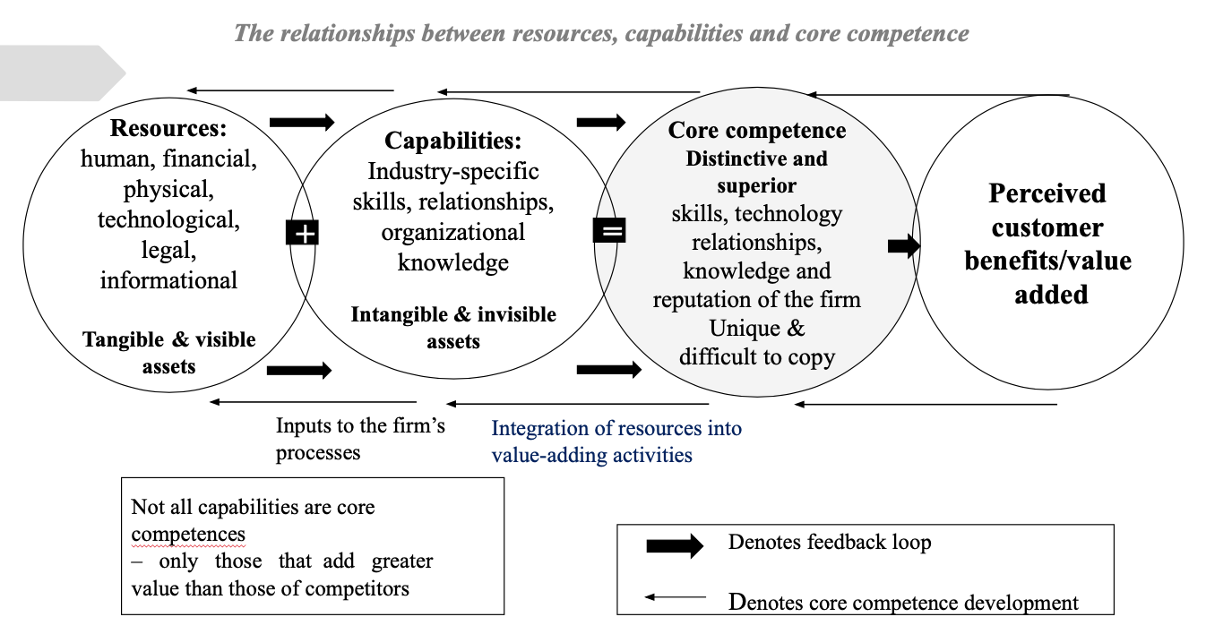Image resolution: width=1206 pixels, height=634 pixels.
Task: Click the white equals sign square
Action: tap(609, 231)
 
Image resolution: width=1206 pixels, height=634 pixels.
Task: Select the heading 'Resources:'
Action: tap(168, 129)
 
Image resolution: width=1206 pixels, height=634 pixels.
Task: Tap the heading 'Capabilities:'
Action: tap(453, 141)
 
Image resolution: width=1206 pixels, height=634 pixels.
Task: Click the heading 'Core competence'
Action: tap(757, 131)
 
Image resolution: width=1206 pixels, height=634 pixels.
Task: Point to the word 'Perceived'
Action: tap(1047, 193)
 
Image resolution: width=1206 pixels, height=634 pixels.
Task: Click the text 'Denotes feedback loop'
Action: tap(830, 542)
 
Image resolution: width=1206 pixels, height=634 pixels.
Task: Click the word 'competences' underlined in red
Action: tap(188, 535)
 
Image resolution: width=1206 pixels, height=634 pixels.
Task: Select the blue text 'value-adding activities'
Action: tap(591, 455)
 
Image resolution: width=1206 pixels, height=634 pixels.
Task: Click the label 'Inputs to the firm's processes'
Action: tap(360, 439)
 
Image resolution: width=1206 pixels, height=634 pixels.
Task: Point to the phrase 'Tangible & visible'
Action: tap(169, 339)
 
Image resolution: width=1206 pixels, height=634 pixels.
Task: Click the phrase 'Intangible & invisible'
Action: tap(453, 315)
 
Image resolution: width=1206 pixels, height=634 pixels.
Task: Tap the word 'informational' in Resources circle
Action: tap(168, 279)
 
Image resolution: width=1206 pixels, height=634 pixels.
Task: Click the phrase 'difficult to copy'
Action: tap(757, 357)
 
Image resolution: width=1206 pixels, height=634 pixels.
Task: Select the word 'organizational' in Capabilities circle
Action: tap(453, 232)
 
